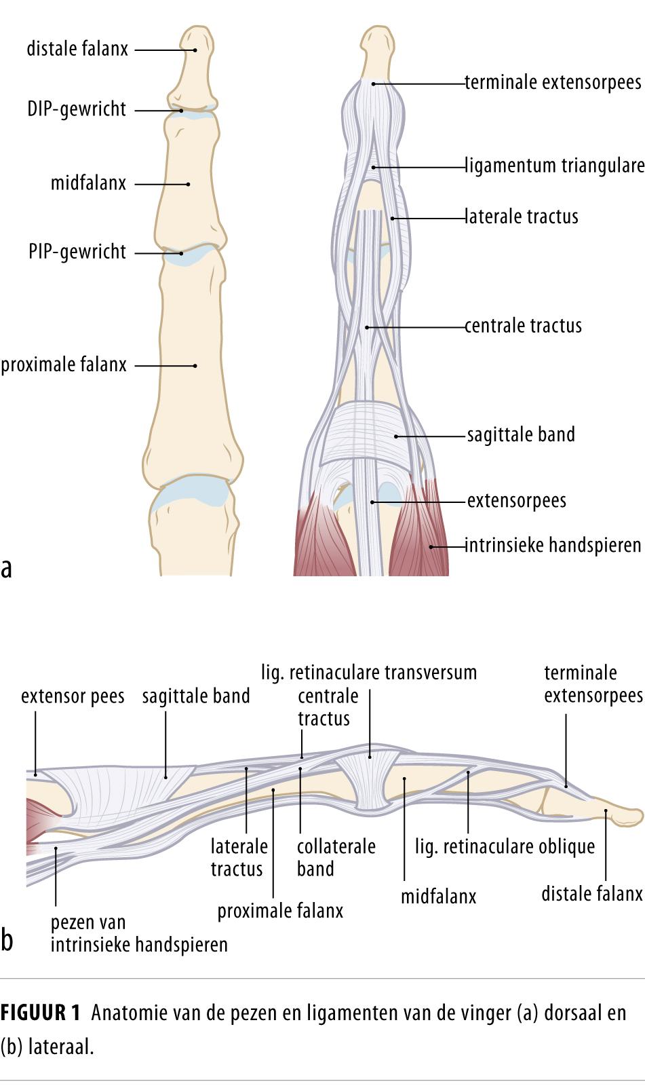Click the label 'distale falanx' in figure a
[x=77, y=49]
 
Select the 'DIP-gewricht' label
[x=77, y=109]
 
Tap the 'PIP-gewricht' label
[x=77, y=252]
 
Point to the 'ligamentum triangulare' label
[x=554, y=166]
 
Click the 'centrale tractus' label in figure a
[x=523, y=326]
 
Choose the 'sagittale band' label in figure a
[x=521, y=434]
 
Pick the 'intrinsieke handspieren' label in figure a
[x=553, y=545]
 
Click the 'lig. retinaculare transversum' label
[x=369, y=673]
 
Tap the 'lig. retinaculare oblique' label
[x=505, y=847]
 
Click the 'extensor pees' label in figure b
[x=73, y=696]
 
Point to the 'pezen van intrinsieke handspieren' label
[x=139, y=933]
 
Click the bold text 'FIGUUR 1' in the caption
[x=41, y=1013]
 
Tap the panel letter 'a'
[x=7, y=567]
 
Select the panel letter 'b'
[x=7, y=941]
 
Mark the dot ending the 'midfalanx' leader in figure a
[x=189, y=184]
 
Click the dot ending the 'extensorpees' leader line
[x=372, y=502]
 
